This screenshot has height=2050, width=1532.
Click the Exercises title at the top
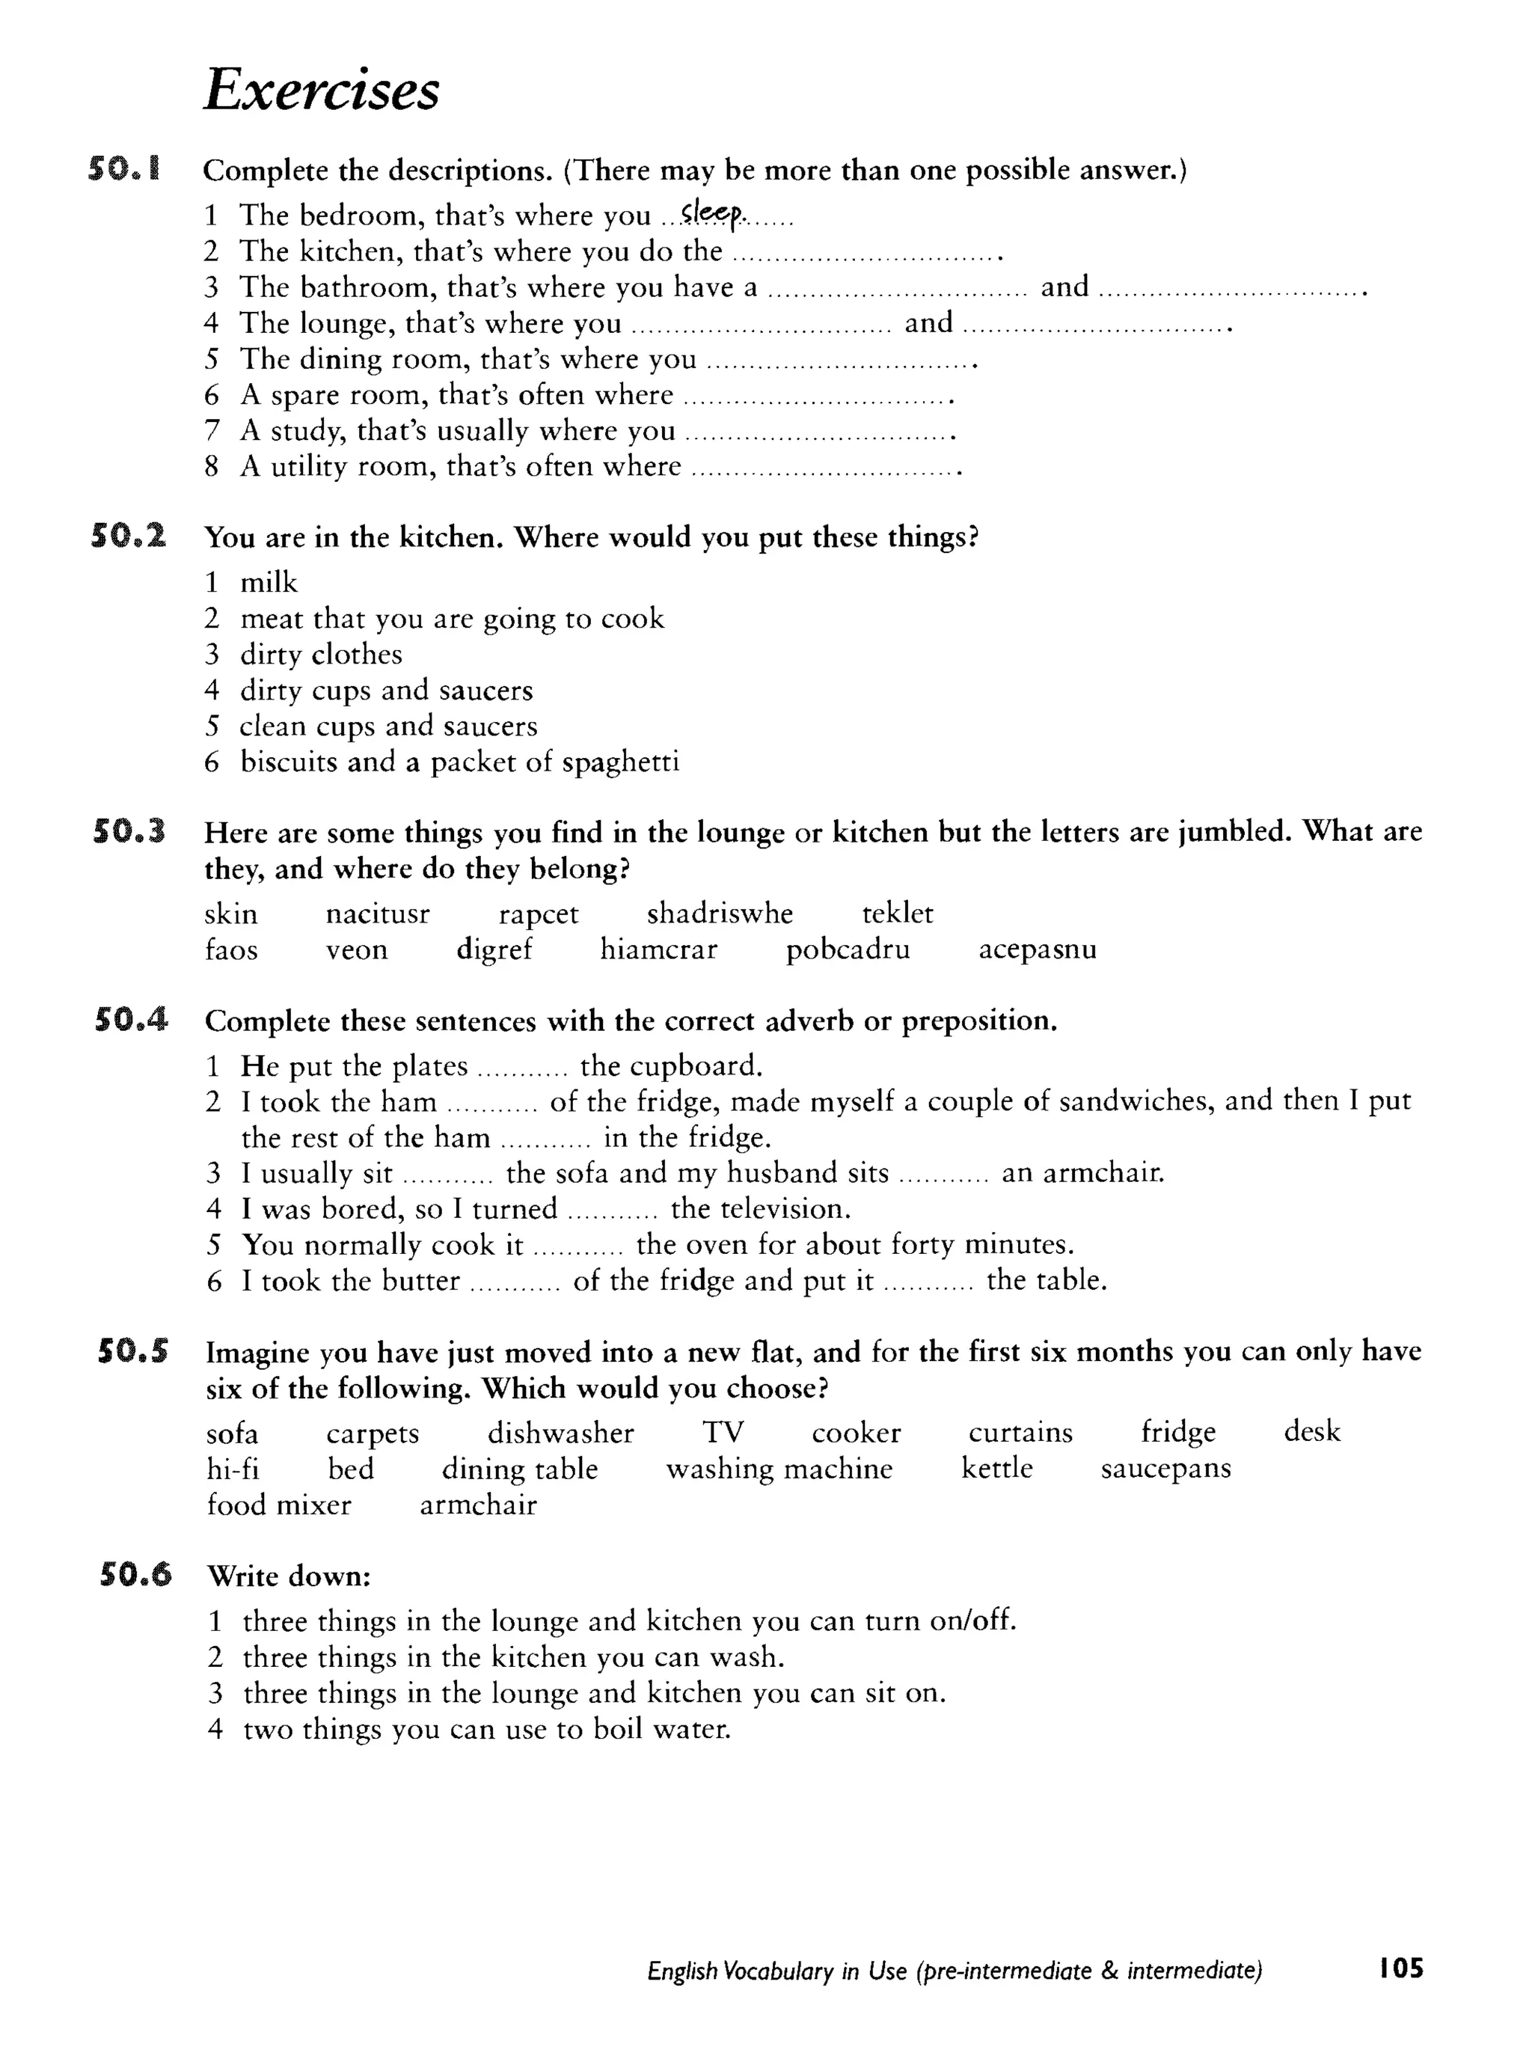[x=321, y=91]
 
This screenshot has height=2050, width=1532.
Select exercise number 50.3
[x=129, y=831]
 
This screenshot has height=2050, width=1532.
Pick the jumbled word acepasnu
[x=1037, y=950]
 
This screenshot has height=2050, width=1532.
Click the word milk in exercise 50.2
[x=269, y=583]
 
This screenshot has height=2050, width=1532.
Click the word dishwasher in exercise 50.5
[x=561, y=1433]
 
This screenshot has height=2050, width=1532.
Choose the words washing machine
[x=779, y=1469]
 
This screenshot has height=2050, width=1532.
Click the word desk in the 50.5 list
[x=1311, y=1432]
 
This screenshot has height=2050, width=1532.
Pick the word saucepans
[x=1165, y=1469]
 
